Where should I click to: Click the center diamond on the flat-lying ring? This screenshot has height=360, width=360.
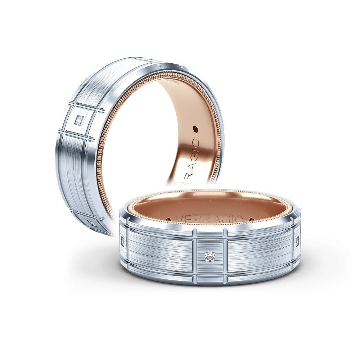pos(209,257)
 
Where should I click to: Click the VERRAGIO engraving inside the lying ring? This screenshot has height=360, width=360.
pos(210,219)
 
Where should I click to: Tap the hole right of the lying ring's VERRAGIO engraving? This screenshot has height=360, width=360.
pos(251,219)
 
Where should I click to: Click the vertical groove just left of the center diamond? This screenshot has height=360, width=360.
pos(195,256)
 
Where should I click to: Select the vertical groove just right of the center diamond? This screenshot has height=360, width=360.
pos(225,256)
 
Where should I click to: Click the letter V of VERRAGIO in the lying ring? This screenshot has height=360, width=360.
pos(179,218)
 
